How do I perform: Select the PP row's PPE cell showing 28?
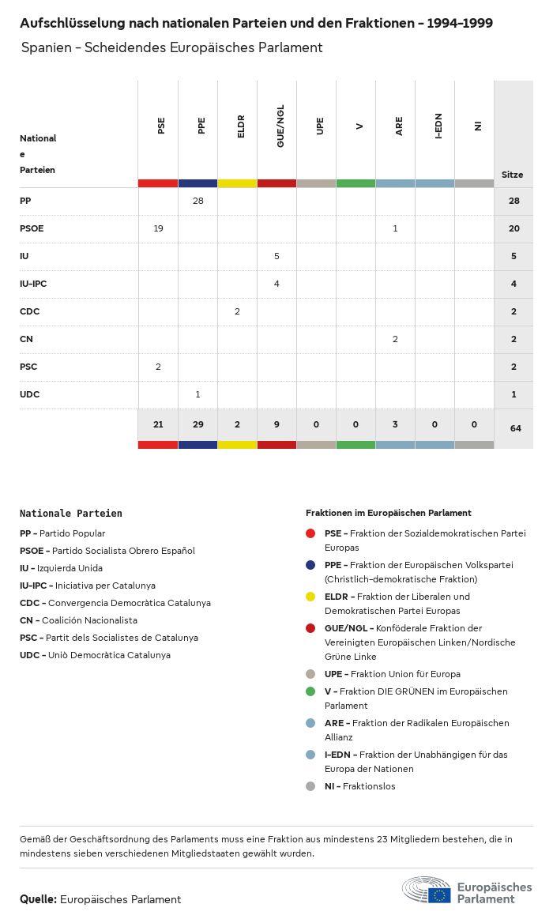[x=197, y=201]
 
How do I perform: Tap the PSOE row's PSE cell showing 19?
[x=158, y=228]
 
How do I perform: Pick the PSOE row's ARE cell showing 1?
[x=395, y=228]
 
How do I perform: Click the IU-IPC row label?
[x=34, y=284]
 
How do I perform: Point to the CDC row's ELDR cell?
[x=237, y=311]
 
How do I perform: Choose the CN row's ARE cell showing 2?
[x=395, y=339]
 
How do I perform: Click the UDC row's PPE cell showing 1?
[x=197, y=394]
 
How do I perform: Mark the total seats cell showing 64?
[x=515, y=428]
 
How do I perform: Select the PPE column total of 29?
[x=197, y=424]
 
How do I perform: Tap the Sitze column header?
[x=512, y=175]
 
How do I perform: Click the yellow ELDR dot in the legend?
[x=310, y=597]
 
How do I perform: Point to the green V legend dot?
[x=310, y=691]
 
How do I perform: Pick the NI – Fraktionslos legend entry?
[x=359, y=786]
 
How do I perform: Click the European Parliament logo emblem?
[x=427, y=891]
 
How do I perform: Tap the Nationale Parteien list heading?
[x=71, y=514]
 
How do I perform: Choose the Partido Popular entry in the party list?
[x=62, y=533]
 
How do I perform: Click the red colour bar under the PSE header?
[x=158, y=183]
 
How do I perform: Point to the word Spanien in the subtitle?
[x=43, y=47]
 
